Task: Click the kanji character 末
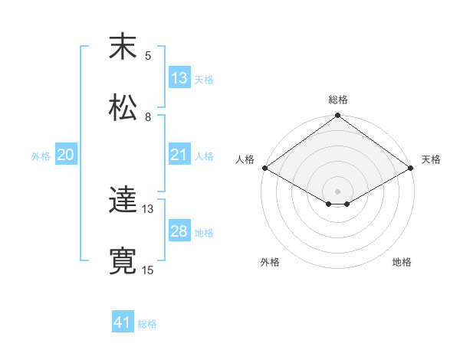point(122,47)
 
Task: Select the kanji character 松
point(122,107)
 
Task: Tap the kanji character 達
point(122,201)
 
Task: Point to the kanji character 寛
point(122,260)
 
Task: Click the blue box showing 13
point(179,77)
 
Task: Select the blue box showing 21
point(179,155)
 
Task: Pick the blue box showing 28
point(179,231)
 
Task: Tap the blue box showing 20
point(66,155)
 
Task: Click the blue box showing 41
point(123,322)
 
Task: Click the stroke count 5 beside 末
point(149,55)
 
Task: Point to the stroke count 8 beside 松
point(149,116)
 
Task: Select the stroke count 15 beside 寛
point(148,270)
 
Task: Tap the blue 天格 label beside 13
point(204,79)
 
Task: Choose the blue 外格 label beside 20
point(41,155)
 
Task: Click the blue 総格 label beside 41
point(147,324)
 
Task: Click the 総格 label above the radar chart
point(338,100)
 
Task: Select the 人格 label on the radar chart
point(245,159)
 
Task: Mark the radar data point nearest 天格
point(412,168)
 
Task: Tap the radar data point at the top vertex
point(338,116)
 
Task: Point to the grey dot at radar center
point(338,191)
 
